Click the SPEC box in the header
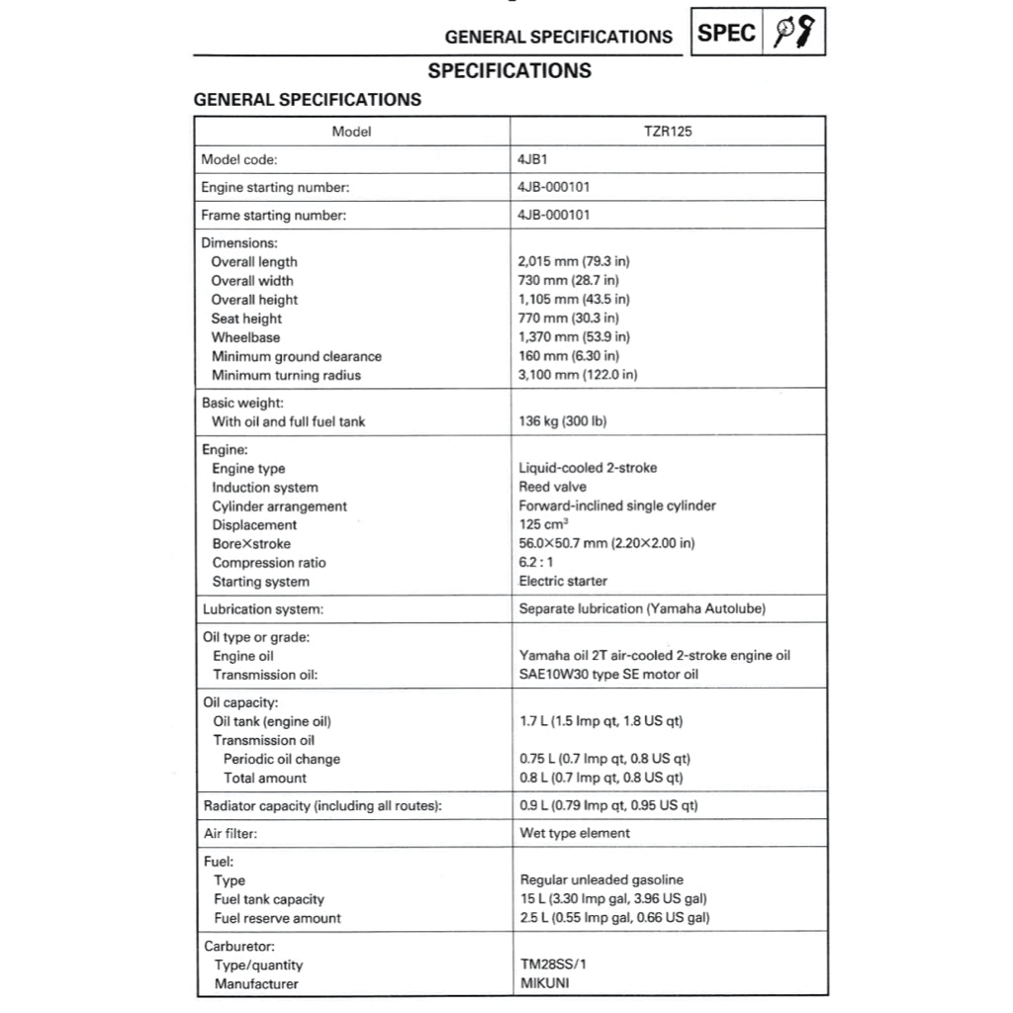coord(727,34)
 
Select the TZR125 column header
coord(668,132)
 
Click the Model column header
coord(351,132)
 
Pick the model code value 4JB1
coord(534,159)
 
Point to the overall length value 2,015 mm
coord(574,262)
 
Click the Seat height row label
coord(246,319)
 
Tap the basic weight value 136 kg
coord(563,421)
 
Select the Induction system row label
coord(265,488)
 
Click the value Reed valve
coord(552,487)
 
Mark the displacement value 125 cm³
coord(546,525)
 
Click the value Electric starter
coord(563,582)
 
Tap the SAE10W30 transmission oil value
coord(608,675)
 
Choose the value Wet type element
coord(575,834)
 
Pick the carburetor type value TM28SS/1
coord(560,965)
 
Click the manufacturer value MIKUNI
coord(545,983)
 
